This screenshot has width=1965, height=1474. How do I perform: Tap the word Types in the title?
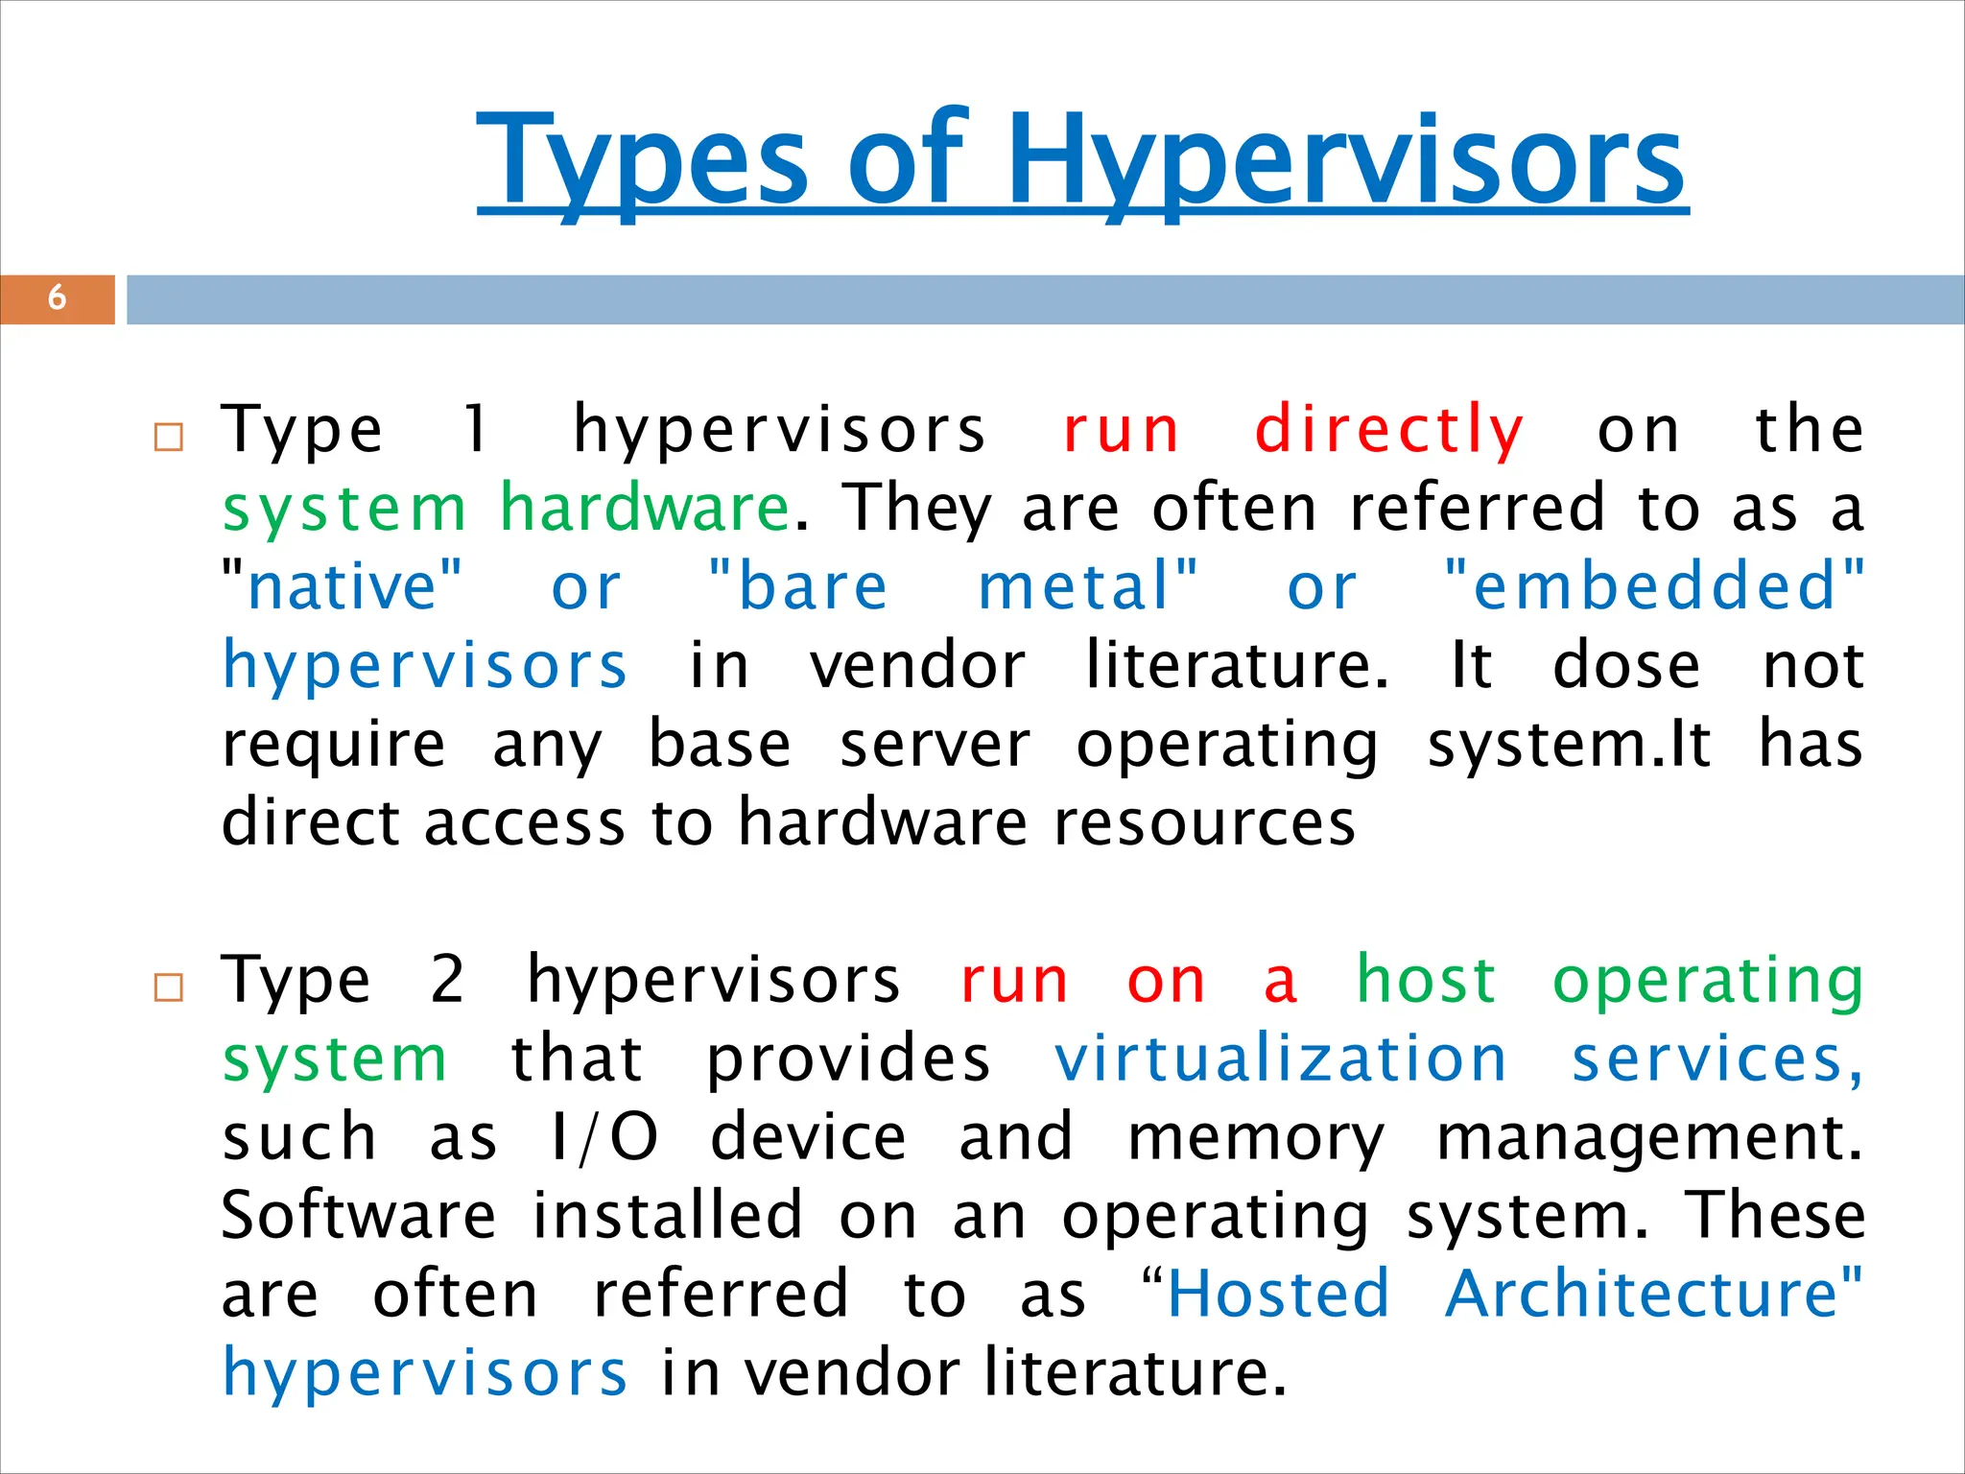(x=643, y=161)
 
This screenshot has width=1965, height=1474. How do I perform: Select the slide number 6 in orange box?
(x=57, y=297)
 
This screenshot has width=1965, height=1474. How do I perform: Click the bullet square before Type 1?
(x=169, y=438)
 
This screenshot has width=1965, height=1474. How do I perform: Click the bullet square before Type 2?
(x=169, y=987)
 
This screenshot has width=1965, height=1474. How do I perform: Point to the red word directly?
(x=1388, y=431)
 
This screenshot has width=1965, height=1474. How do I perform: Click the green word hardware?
(x=645, y=508)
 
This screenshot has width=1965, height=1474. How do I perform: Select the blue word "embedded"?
(x=1654, y=586)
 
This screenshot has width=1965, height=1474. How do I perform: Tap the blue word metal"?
(x=1088, y=586)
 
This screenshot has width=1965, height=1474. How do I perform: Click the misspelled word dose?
(x=1626, y=665)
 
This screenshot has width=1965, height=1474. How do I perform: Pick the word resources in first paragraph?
(x=1204, y=822)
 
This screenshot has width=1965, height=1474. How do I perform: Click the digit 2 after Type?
(x=448, y=981)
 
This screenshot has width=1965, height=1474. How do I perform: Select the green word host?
(x=1426, y=981)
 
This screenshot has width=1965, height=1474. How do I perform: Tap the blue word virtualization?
(x=1280, y=1059)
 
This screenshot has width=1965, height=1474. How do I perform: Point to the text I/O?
(x=604, y=1138)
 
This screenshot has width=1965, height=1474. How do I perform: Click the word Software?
(x=358, y=1216)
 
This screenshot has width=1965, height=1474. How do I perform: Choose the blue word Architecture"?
(x=1652, y=1295)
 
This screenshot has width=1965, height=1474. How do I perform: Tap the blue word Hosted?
(x=1278, y=1295)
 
